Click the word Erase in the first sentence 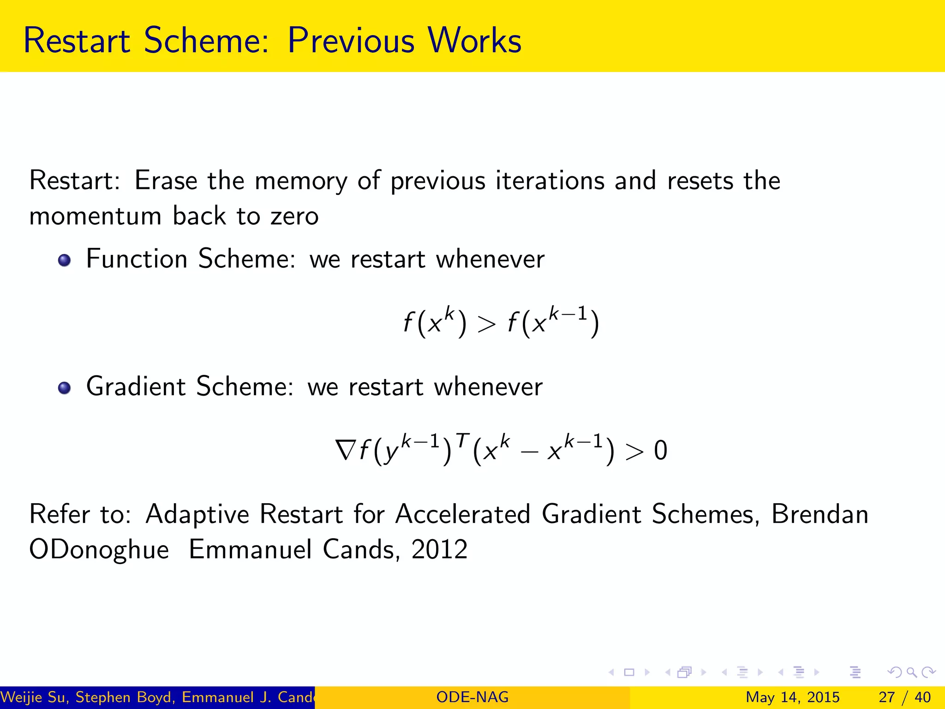[166, 180]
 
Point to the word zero [294, 216]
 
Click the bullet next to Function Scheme [65, 260]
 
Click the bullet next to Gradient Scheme [65, 388]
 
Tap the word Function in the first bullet [137, 258]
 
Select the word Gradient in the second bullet [136, 386]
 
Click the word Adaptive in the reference [197, 514]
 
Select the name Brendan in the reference [820, 514]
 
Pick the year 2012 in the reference [439, 550]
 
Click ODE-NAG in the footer [472, 697]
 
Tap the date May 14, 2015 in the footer [792, 697]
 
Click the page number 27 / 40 [904, 697]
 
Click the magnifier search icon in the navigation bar [911, 672]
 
